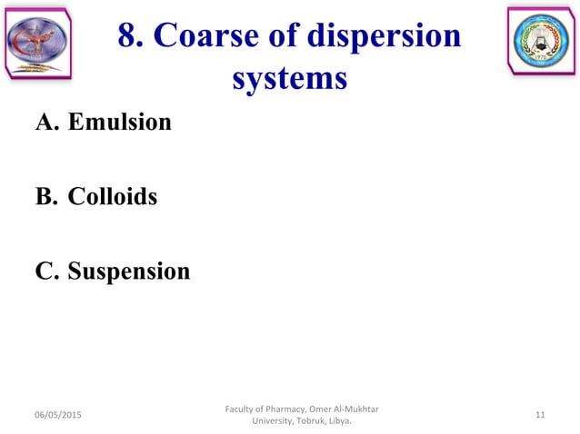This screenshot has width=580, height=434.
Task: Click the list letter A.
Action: coord(45,122)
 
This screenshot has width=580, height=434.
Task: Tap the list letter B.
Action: coord(45,196)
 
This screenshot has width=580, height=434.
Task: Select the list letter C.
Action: coord(45,271)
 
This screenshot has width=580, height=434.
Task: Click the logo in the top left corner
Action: coord(37,41)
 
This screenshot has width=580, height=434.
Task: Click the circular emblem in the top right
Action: coord(541,42)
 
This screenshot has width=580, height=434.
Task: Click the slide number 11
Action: coord(540,415)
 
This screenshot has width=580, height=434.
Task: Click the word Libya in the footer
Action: coord(337,421)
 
